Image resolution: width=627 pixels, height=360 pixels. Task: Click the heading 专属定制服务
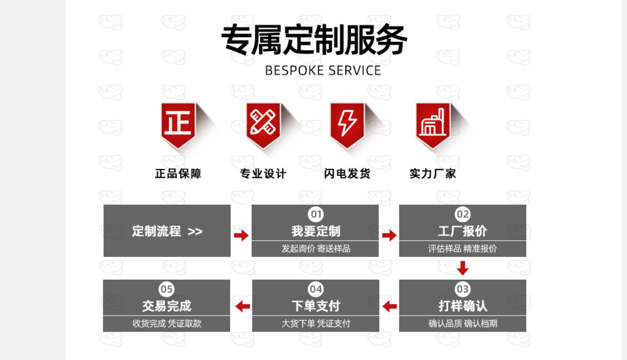pyautogui.click(x=313, y=40)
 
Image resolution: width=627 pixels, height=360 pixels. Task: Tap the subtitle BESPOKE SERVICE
pyautogui.click(x=323, y=71)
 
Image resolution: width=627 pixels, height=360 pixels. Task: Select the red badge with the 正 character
pyautogui.click(x=178, y=123)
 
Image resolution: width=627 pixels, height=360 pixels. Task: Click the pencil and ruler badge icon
pyautogui.click(x=263, y=123)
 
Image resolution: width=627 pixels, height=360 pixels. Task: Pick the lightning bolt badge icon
pyautogui.click(x=347, y=123)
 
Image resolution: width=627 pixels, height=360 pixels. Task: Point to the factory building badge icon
pyautogui.click(x=433, y=123)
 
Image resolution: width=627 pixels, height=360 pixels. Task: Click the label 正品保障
pyautogui.click(x=178, y=173)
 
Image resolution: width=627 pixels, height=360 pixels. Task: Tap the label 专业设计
pyautogui.click(x=263, y=173)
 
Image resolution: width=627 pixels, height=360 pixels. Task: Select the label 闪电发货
pyautogui.click(x=347, y=173)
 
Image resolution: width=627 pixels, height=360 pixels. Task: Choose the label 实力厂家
pyautogui.click(x=432, y=173)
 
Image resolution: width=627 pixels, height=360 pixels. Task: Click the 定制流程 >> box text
pyautogui.click(x=167, y=231)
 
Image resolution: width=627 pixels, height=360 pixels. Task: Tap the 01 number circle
pyautogui.click(x=315, y=214)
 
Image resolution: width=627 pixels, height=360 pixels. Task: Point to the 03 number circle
pyautogui.click(x=462, y=289)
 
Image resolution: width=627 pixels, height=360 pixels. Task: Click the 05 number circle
pyautogui.click(x=167, y=289)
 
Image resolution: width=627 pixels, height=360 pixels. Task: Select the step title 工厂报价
pyautogui.click(x=462, y=231)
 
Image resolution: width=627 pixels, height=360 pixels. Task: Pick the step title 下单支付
pyautogui.click(x=315, y=306)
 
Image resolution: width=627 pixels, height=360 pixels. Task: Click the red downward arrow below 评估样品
pyautogui.click(x=462, y=268)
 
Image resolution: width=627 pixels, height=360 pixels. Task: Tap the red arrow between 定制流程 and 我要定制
pyautogui.click(x=241, y=235)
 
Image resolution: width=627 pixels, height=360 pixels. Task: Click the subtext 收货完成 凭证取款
pyautogui.click(x=167, y=324)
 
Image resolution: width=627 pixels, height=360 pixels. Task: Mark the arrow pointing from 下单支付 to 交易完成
pyautogui.click(x=243, y=306)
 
